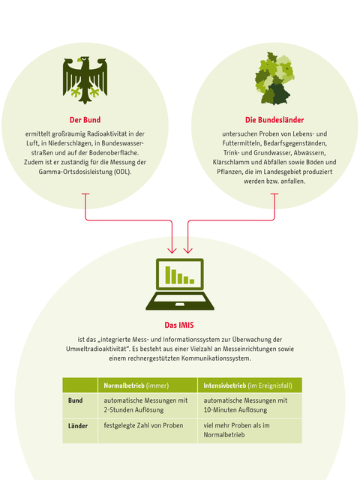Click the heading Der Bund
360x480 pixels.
85,120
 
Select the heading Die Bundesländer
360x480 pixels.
274,120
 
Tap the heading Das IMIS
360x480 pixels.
179,325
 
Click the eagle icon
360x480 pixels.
85,80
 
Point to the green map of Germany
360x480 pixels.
274,78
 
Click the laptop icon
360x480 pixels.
180,284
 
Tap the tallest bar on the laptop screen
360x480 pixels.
168,275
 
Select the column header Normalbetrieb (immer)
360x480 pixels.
136,385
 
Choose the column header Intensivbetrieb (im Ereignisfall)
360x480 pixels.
248,385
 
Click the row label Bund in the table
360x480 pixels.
75,400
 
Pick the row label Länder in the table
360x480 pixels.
78,426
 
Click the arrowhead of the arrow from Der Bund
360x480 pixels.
172,250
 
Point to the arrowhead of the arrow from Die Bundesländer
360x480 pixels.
188,250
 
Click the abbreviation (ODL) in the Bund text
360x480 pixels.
123,172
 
